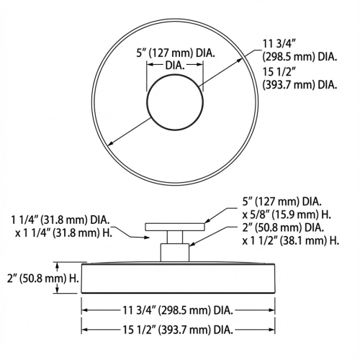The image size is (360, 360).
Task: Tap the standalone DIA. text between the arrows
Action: tap(175, 64)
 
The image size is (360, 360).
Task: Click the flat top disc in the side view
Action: tap(175, 226)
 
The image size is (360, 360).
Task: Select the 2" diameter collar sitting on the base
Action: tap(175, 252)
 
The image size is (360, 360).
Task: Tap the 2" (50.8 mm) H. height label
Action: tap(34, 276)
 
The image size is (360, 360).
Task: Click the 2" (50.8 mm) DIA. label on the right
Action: tap(284, 228)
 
